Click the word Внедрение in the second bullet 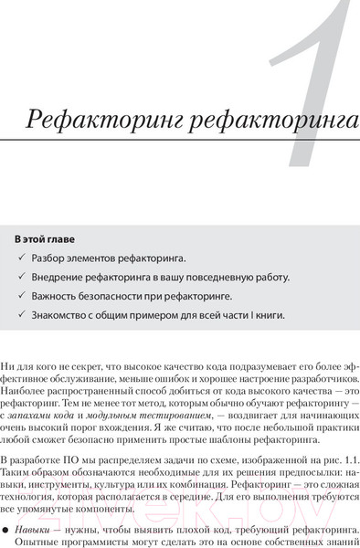pyautogui.click(x=59, y=277)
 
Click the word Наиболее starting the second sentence pyautogui.click(x=26, y=389)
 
